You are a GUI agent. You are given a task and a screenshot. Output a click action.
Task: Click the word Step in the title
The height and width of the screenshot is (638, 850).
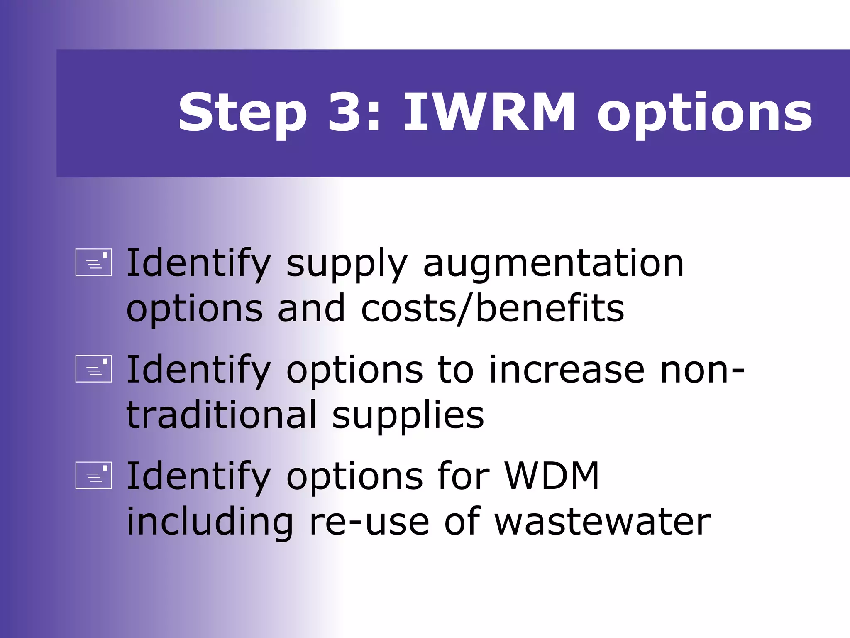coord(242,113)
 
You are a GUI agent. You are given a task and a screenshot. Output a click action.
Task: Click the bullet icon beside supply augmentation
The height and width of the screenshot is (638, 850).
coord(94,262)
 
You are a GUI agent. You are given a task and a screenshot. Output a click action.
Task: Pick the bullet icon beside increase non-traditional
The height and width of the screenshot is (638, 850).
coord(94,368)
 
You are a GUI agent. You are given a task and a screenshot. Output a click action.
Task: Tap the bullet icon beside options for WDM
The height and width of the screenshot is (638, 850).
coord(94,475)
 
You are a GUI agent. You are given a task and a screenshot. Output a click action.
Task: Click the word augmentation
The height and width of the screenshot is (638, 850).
coord(553,264)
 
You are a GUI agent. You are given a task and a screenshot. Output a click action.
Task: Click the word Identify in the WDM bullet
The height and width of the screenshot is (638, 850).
coord(198,477)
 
